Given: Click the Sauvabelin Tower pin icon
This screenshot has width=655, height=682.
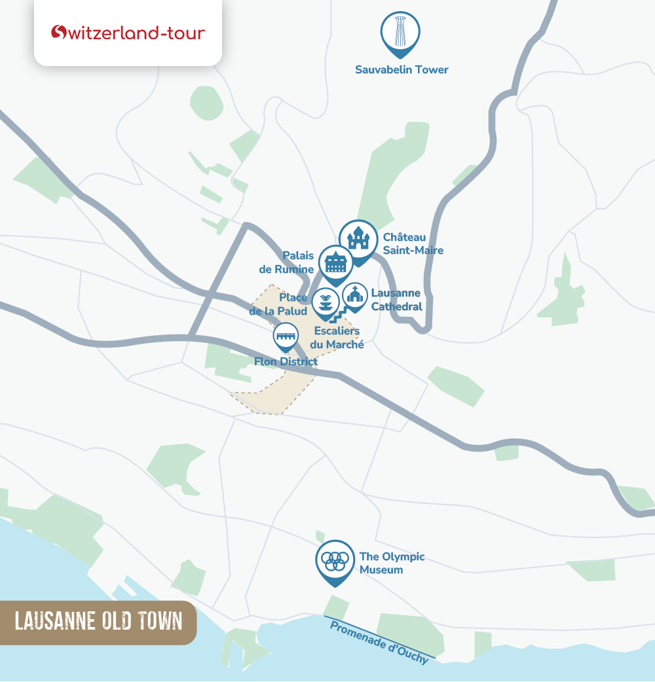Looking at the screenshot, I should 400,31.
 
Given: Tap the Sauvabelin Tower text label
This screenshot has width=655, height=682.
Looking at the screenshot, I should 402,69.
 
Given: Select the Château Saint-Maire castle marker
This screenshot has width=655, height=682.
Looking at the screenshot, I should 358,239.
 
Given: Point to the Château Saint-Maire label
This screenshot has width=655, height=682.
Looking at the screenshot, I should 413,243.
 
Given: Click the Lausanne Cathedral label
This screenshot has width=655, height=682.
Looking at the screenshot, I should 396,300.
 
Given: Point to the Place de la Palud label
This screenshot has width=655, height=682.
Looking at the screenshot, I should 278,304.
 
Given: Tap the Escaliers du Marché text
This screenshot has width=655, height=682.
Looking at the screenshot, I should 337,338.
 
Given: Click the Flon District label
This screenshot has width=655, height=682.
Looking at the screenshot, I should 286,361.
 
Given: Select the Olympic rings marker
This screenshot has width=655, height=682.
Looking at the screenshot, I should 335,560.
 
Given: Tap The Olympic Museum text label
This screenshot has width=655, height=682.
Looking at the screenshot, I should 392,563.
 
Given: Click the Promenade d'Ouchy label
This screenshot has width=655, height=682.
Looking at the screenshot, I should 379,642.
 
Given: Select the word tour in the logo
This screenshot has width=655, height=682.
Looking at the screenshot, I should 186,32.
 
